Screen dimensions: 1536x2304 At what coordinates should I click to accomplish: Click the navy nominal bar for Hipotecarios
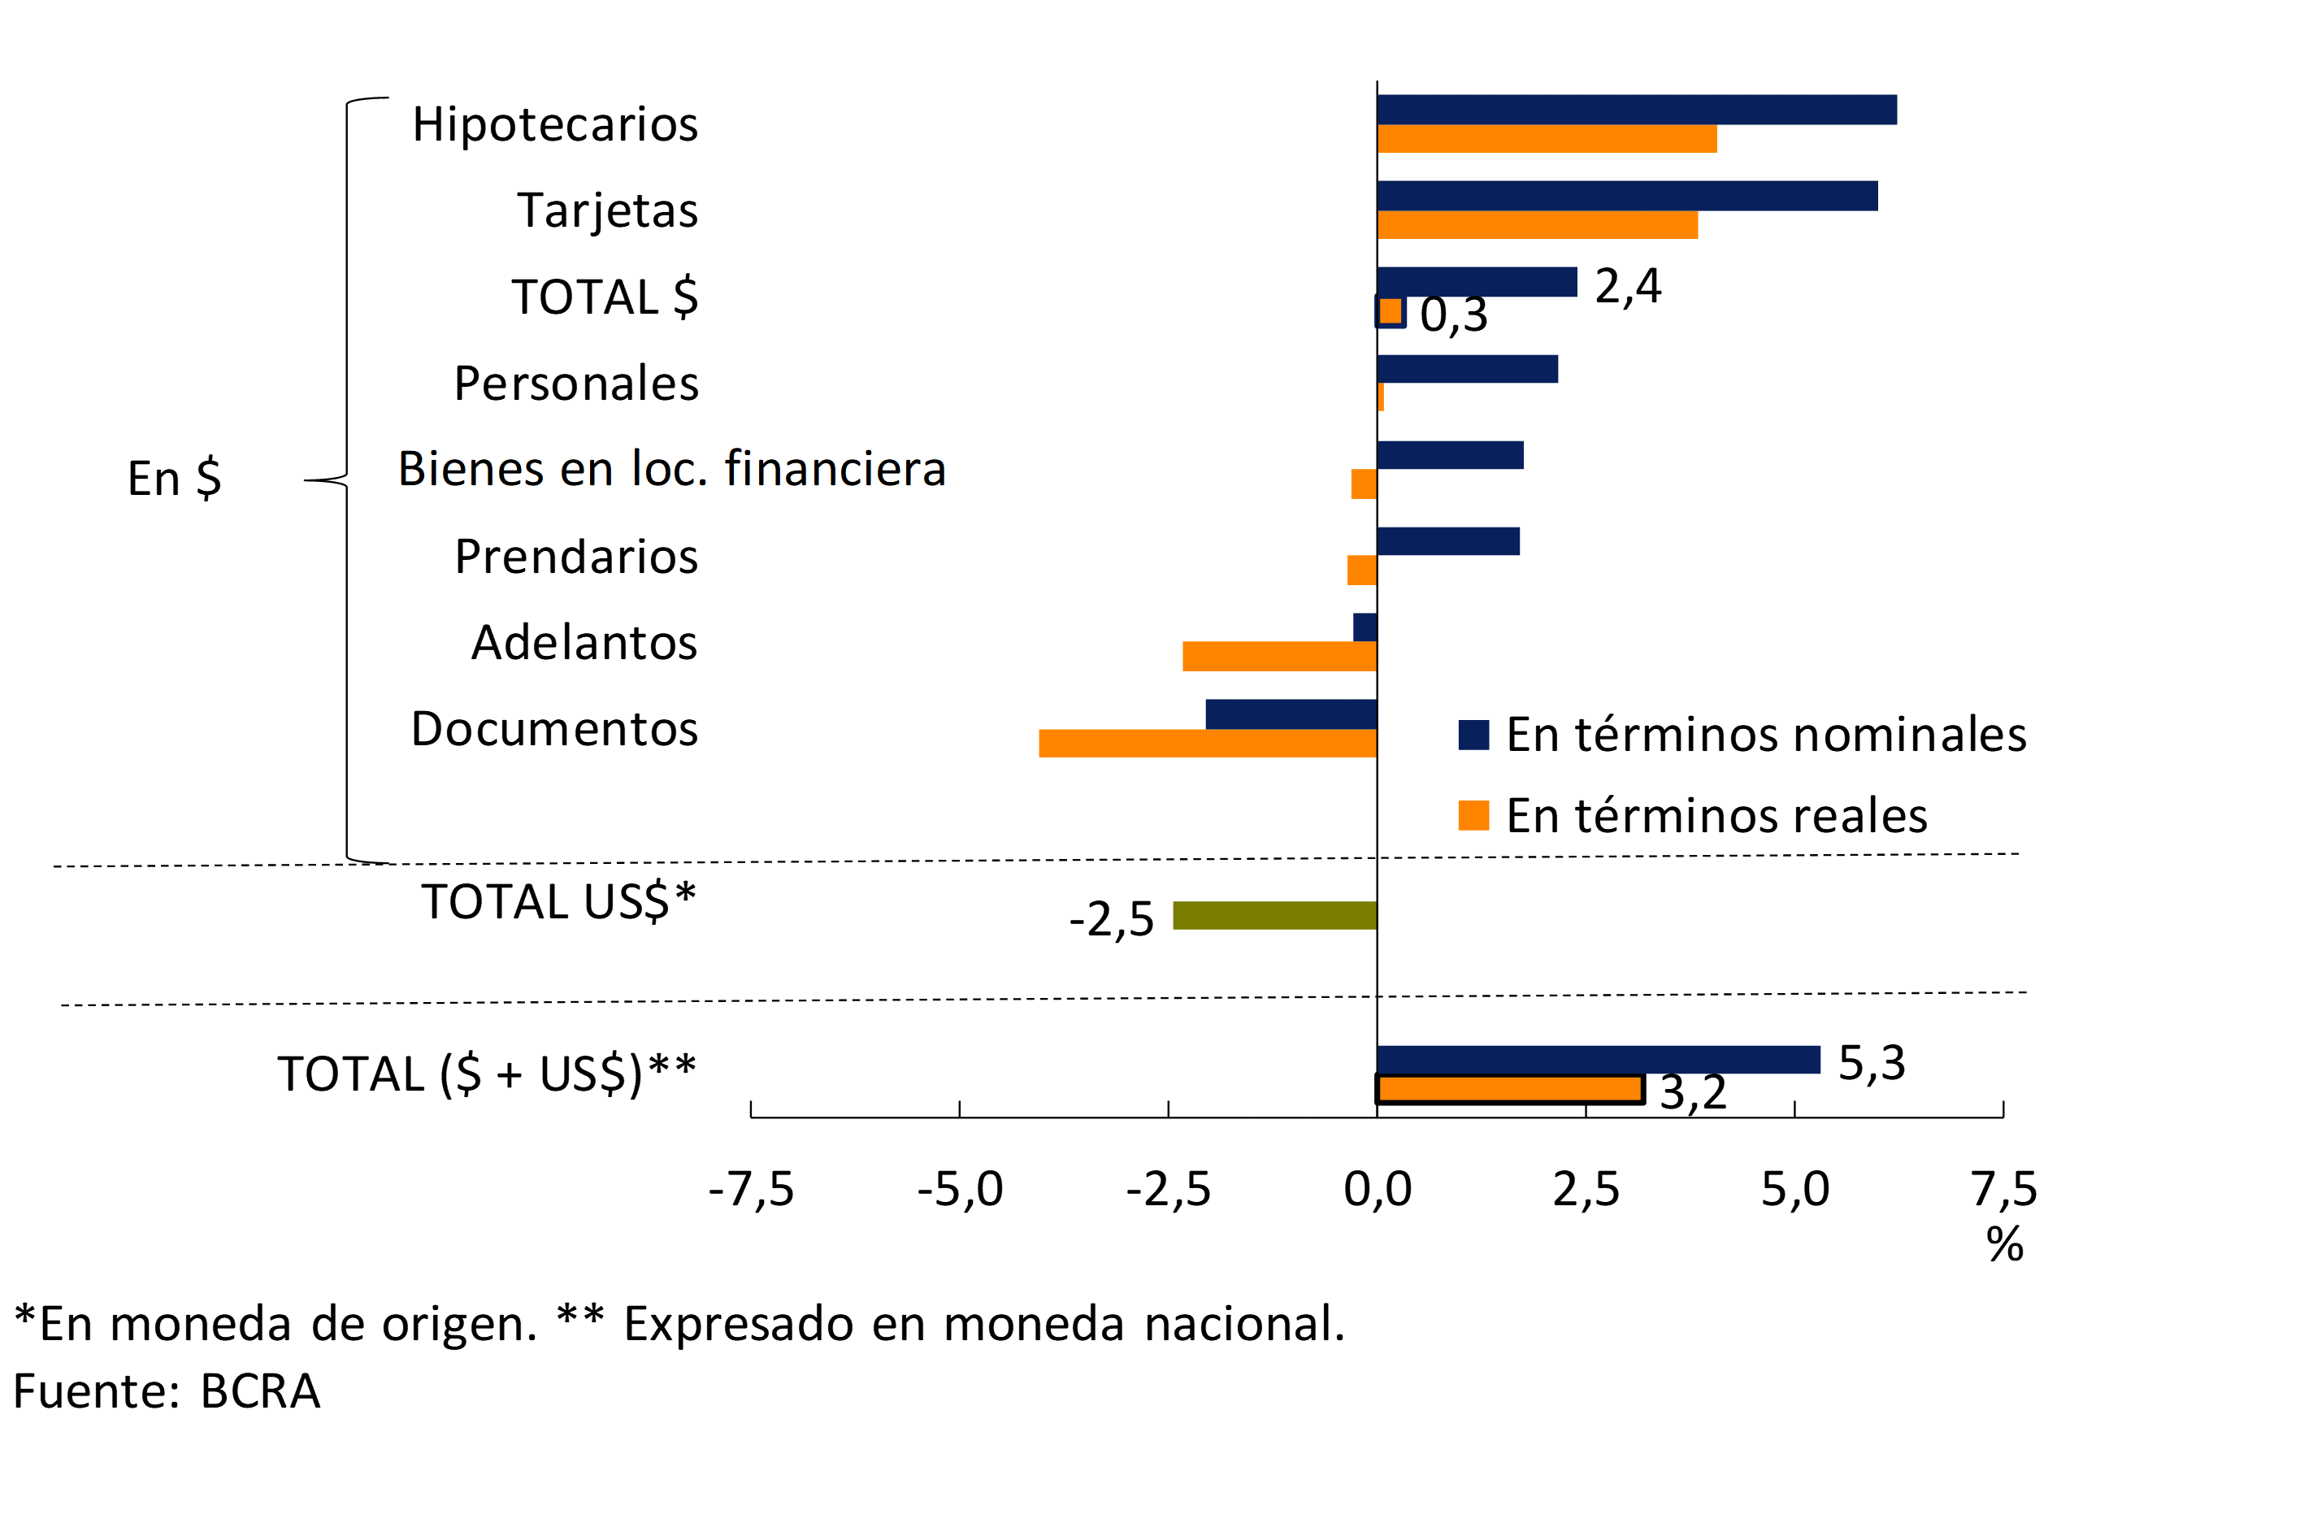(x=1636, y=110)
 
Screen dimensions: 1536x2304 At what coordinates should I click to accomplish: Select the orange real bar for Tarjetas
(x=1537, y=225)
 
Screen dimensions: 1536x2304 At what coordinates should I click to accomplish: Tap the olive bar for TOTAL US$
(x=1274, y=915)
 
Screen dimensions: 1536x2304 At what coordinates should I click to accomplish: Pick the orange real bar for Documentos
(x=1208, y=744)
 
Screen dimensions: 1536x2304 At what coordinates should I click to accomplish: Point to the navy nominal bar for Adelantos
(x=1365, y=627)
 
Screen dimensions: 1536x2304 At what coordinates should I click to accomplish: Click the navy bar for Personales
(x=1466, y=369)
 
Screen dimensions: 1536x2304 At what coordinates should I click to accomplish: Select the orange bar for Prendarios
(x=1361, y=571)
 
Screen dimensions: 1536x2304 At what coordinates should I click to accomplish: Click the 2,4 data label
(x=1627, y=286)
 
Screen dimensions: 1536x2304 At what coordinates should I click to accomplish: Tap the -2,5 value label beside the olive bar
(x=1111, y=920)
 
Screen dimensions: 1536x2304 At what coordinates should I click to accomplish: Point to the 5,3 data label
(x=1871, y=1063)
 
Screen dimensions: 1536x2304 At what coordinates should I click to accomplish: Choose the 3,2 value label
(x=1693, y=1092)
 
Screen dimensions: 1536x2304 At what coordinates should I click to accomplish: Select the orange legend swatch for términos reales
(x=1473, y=815)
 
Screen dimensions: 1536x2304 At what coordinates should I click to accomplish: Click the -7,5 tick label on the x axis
(x=752, y=1189)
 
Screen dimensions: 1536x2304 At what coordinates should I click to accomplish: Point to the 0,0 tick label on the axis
(x=1378, y=1189)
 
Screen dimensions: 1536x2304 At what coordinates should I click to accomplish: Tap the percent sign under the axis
(x=2004, y=1245)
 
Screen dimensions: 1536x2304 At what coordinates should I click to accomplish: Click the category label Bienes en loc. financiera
(x=672, y=468)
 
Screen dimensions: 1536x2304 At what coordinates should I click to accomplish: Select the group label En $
(x=175, y=479)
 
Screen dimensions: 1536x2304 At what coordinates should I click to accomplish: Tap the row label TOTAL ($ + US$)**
(x=487, y=1074)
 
